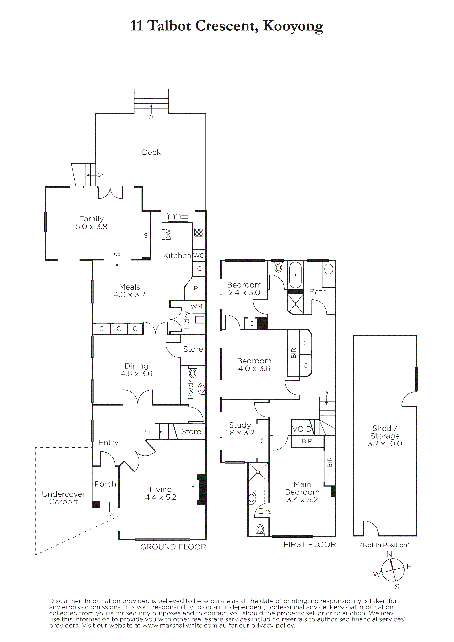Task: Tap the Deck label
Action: [x=151, y=152]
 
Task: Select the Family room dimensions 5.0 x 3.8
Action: [x=91, y=227]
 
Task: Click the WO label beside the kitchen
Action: [x=199, y=255]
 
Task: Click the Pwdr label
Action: [x=190, y=389]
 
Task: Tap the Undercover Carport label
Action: [x=64, y=498]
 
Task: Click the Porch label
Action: [x=105, y=484]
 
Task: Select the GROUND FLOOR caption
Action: [x=173, y=547]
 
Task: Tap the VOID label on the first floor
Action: [x=302, y=429]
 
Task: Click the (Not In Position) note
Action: [x=385, y=545]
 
